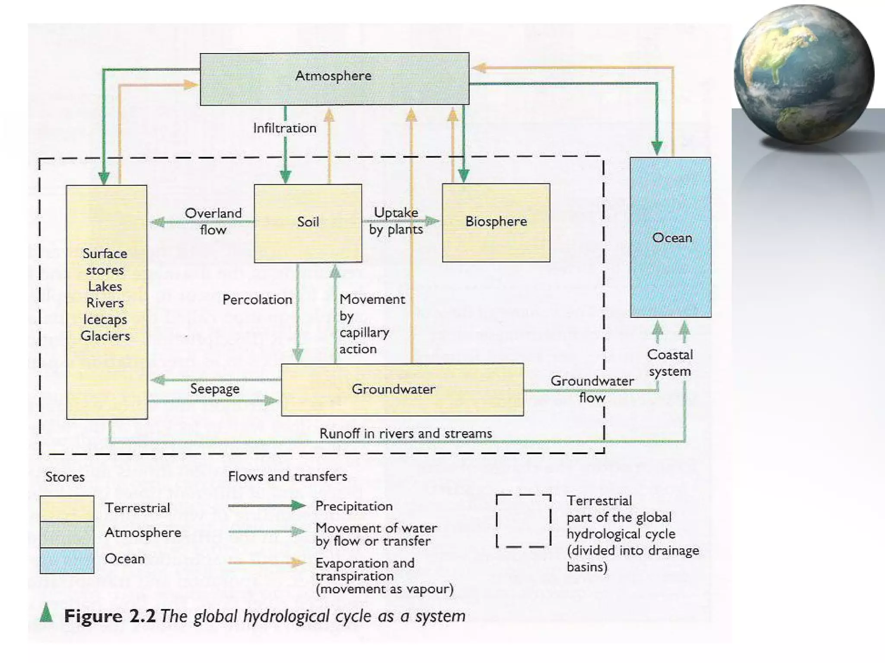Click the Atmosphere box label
(333, 76)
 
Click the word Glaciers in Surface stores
(105, 336)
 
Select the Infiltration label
(285, 128)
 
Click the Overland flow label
(213, 221)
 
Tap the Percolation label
(257, 300)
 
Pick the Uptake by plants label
(396, 221)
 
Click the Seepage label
(215, 389)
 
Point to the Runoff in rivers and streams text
(405, 433)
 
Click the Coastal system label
(670, 363)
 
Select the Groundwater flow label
(592, 389)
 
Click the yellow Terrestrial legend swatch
(67, 508)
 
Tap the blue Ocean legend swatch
(67, 561)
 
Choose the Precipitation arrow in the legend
(267, 506)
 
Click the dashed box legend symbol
(524, 521)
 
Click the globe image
(804, 74)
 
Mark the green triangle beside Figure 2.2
(46, 613)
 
